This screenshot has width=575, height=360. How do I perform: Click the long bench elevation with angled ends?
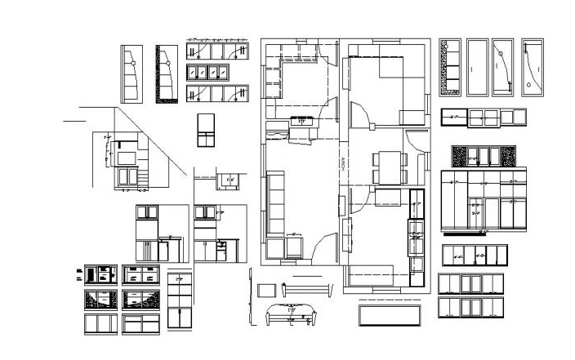coord(307,288)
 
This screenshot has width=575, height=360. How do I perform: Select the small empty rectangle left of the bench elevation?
coord(266,289)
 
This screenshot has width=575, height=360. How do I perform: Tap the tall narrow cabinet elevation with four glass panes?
coord(180,300)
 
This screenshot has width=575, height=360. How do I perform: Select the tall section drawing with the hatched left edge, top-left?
coord(166,73)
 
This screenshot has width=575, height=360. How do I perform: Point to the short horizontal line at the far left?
coord(74,121)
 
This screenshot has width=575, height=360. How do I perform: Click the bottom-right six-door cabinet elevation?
coord(471,308)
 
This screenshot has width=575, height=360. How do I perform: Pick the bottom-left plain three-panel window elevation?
coord(100,323)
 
